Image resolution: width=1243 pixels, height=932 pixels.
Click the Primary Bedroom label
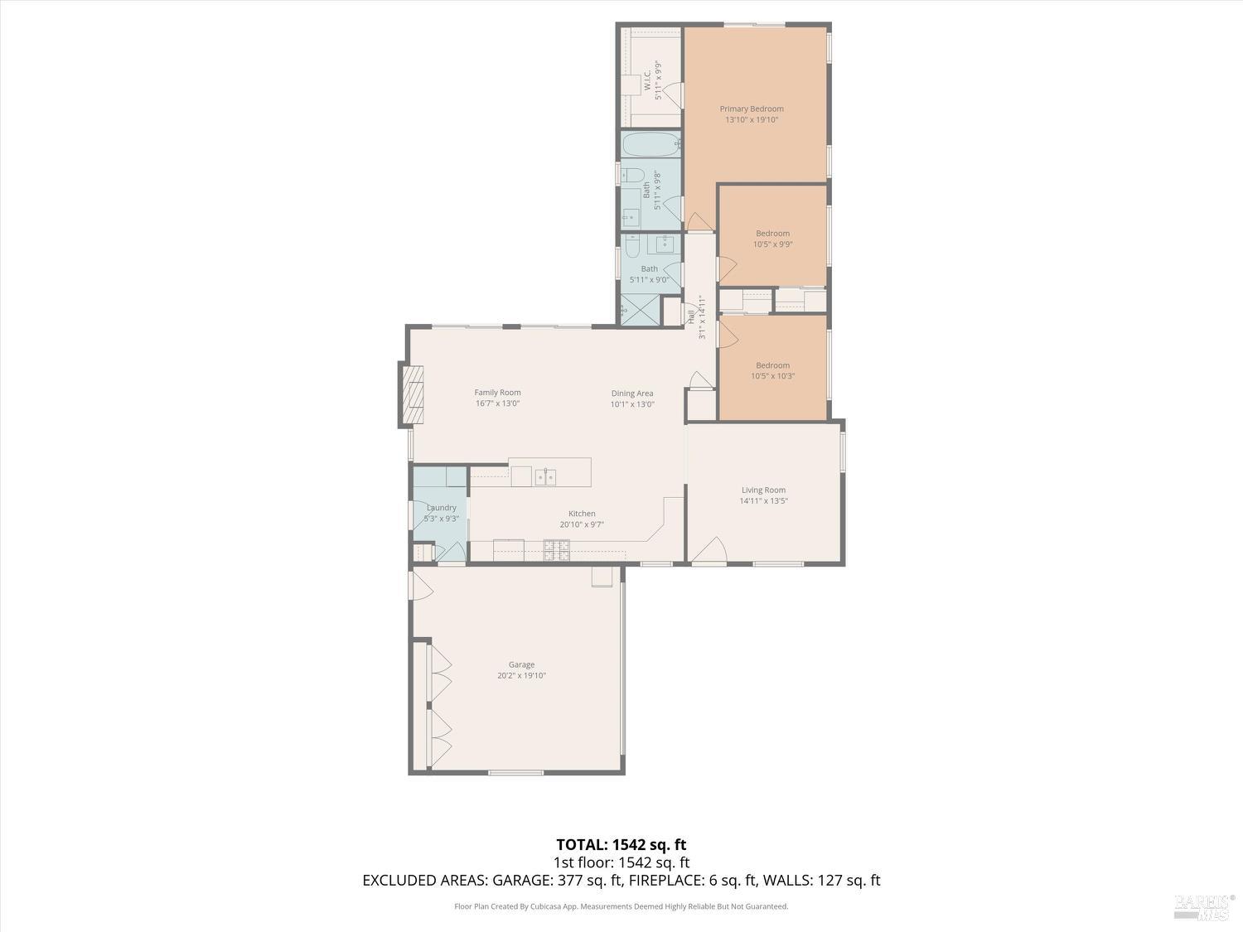pos(751,109)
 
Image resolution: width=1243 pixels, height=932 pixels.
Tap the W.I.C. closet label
pos(646,80)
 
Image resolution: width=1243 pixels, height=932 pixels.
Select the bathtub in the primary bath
pos(651,144)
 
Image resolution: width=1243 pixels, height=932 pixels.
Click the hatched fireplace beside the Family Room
pos(412,394)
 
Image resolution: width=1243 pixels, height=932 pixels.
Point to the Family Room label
pos(497,393)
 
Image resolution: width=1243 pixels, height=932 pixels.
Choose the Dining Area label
pos(632,394)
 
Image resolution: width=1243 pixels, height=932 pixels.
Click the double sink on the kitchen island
pos(544,476)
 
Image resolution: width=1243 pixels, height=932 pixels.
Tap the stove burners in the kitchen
pos(556,547)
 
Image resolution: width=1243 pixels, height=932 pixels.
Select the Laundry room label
pos(441,508)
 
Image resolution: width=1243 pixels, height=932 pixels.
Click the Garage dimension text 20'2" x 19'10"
pos(521,675)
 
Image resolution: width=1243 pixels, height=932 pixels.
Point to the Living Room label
pos(763,490)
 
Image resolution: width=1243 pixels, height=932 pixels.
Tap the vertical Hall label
pos(690,316)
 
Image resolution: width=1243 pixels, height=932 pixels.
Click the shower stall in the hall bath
pos(640,310)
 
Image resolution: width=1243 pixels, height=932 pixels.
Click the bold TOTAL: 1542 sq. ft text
pos(621,845)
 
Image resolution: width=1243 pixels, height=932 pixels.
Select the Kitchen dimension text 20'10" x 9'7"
pos(582,524)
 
